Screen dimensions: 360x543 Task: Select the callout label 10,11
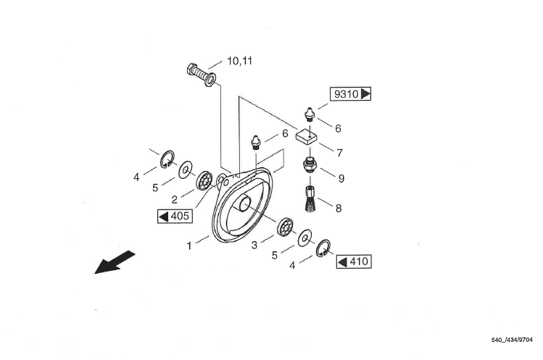239,61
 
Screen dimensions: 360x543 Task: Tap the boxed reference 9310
350,94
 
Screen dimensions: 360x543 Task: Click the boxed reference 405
173,216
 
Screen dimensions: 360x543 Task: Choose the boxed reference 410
354,261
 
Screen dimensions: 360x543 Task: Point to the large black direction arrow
115,261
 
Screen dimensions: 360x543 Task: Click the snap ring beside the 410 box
324,247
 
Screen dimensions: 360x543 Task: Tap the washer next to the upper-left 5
186,169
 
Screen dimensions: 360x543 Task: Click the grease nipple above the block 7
310,114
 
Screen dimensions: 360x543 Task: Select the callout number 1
189,246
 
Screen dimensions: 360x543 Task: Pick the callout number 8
338,209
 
